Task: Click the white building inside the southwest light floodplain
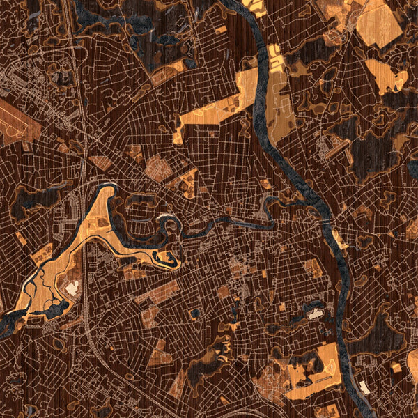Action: (x=72, y=288)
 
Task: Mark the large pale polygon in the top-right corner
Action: (x=380, y=24)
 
